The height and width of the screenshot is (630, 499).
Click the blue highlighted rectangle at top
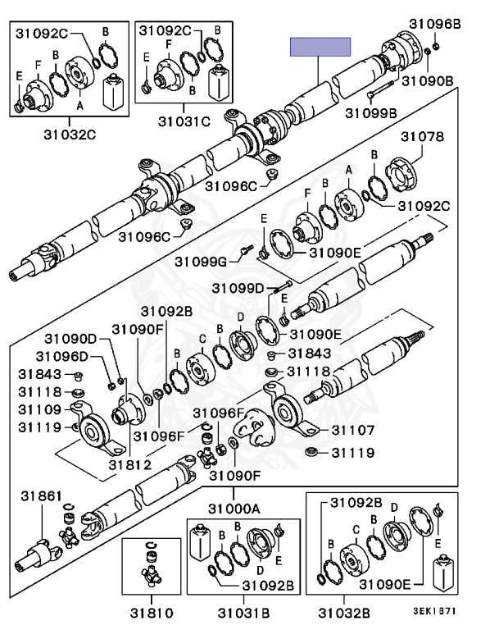(x=320, y=47)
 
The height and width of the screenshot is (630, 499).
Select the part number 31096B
(x=435, y=24)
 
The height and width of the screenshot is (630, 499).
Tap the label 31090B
(x=428, y=80)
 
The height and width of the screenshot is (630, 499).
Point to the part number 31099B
(x=371, y=113)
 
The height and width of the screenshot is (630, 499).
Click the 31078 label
(x=423, y=137)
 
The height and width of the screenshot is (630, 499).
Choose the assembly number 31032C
(x=70, y=135)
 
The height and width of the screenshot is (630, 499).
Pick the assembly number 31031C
(x=184, y=121)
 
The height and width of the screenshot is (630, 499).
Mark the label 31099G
(x=201, y=262)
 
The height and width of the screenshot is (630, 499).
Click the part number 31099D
(x=238, y=288)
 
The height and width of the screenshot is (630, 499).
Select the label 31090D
(x=70, y=339)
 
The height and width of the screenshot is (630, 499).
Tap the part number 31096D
(x=62, y=356)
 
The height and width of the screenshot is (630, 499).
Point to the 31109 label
(x=40, y=410)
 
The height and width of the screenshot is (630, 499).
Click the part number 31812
(x=130, y=465)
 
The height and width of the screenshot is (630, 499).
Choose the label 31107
(x=353, y=431)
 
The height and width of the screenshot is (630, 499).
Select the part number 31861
(x=42, y=496)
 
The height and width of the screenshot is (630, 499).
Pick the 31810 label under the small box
(x=152, y=613)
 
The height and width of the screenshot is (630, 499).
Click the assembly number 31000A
(x=234, y=509)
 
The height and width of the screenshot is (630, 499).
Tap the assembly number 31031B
(x=243, y=613)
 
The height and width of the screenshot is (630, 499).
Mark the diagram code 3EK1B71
(x=435, y=610)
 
